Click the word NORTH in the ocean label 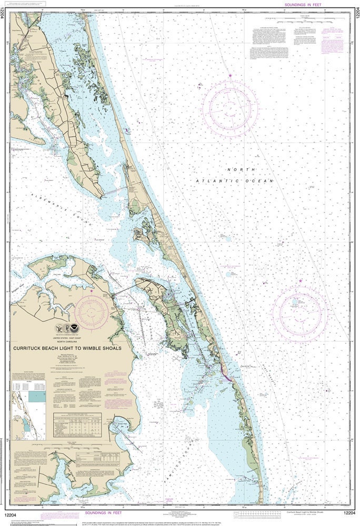[x=241, y=169]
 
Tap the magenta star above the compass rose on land [x=92, y=290]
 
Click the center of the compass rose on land [x=92, y=312]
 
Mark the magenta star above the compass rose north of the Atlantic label [x=230, y=76]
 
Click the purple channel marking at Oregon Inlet [x=226, y=376]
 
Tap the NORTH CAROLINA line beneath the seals [x=78, y=341]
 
